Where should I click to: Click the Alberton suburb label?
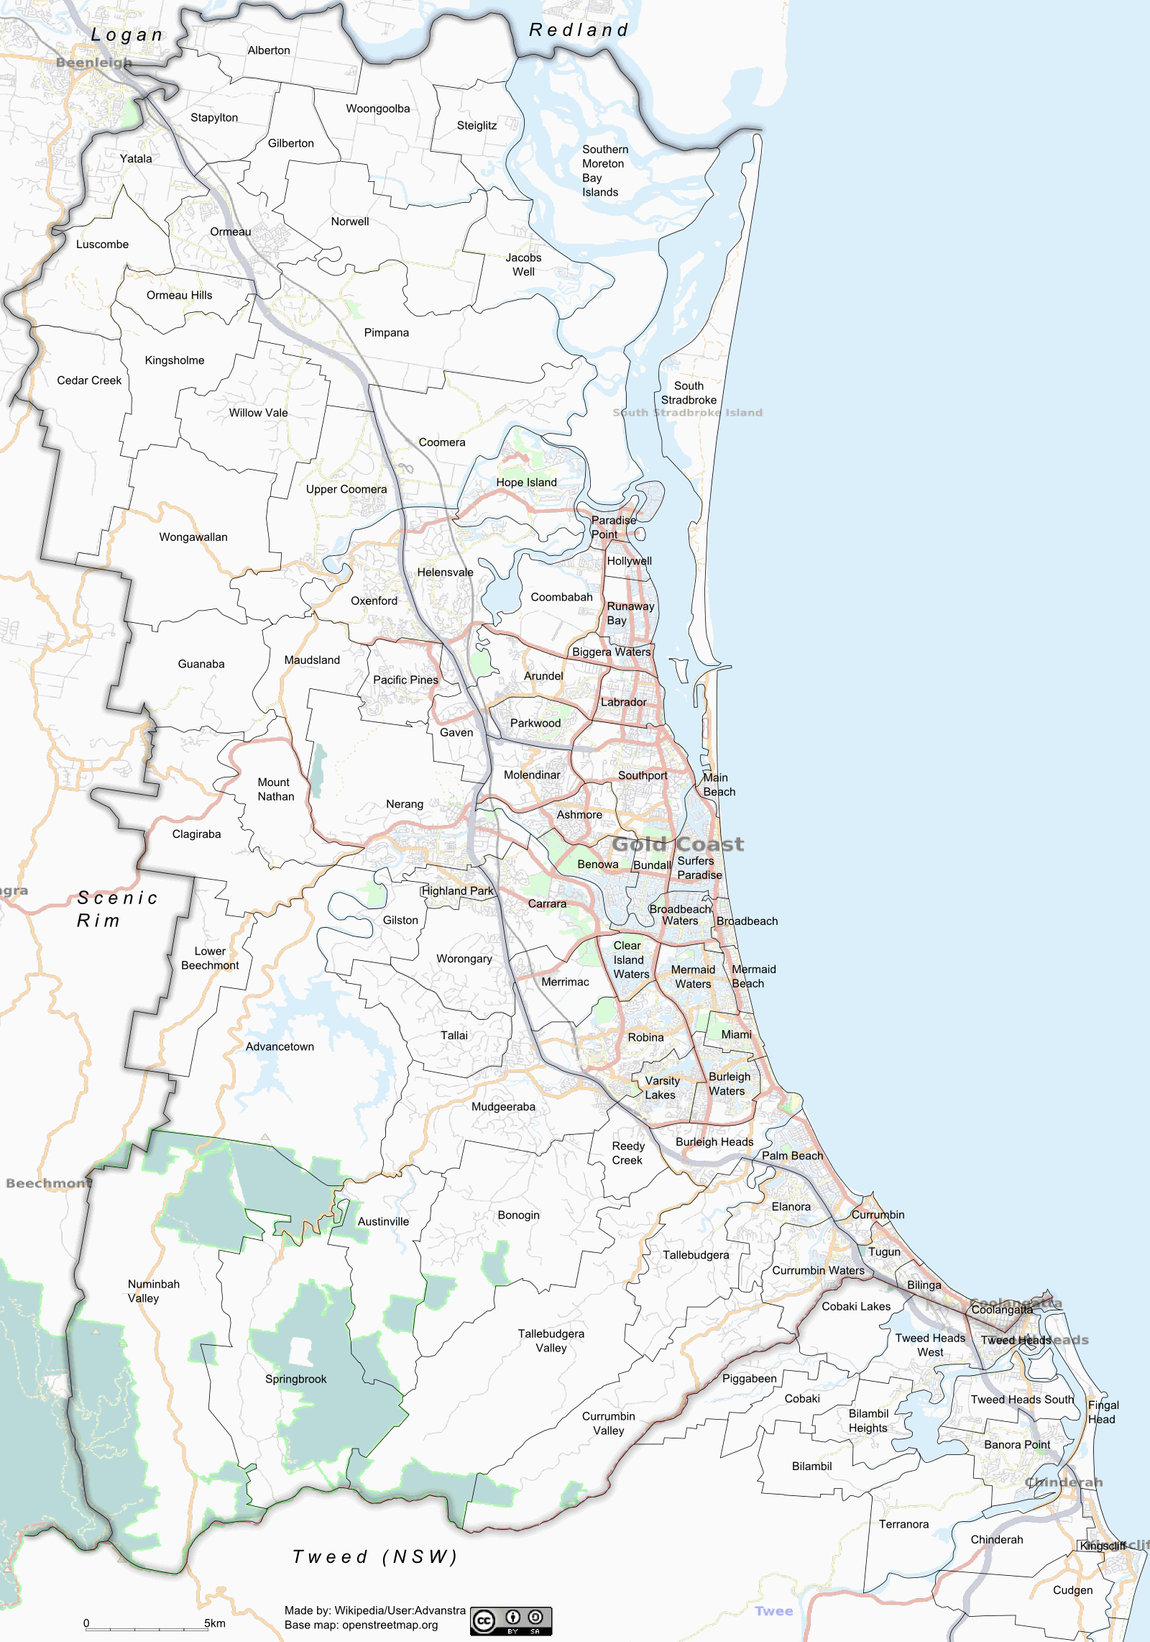tap(269, 50)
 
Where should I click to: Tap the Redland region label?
tap(579, 30)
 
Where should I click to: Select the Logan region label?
tap(127, 35)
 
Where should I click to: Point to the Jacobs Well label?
tap(523, 265)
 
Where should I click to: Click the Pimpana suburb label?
tap(386, 332)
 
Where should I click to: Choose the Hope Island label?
tap(526, 483)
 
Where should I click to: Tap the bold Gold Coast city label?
tap(678, 844)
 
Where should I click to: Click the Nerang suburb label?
tap(405, 804)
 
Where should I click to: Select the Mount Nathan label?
tap(276, 789)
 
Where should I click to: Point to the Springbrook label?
tap(295, 1379)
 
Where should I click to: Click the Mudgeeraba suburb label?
tap(503, 1107)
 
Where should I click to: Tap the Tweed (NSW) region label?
tap(374, 1556)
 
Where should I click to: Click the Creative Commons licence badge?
tap(511, 1621)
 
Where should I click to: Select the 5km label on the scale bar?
tap(214, 1623)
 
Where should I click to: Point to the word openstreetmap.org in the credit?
tap(390, 1625)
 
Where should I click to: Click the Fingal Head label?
tap(1103, 1412)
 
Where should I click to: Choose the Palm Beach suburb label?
tap(792, 1156)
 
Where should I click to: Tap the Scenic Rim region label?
tap(116, 909)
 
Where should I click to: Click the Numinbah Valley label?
tap(153, 1291)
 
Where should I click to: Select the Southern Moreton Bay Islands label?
tap(604, 170)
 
